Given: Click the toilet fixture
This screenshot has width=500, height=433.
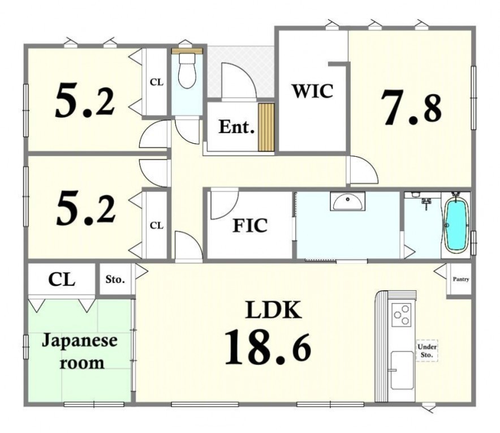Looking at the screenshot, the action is pyautogui.click(x=187, y=70).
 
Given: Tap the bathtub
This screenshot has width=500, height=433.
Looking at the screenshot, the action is pyautogui.click(x=456, y=225).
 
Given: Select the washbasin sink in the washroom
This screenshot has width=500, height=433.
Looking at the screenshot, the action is pyautogui.click(x=348, y=201).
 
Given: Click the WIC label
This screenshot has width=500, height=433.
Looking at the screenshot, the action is pyautogui.click(x=312, y=91).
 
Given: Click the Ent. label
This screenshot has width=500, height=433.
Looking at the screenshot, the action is pyautogui.click(x=236, y=127).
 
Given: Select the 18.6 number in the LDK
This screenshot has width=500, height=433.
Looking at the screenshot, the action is pyautogui.click(x=268, y=347).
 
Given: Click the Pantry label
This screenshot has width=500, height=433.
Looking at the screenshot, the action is pyautogui.click(x=461, y=279).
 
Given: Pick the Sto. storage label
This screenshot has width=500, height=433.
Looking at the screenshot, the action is pyautogui.click(x=115, y=280).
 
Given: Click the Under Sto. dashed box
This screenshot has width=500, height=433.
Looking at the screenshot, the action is pyautogui.click(x=427, y=351).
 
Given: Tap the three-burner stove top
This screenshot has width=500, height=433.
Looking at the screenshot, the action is pyautogui.click(x=402, y=314).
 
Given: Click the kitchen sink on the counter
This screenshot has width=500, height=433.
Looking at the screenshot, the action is pyautogui.click(x=402, y=370).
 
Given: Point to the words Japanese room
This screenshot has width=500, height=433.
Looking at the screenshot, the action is pyautogui.click(x=80, y=351).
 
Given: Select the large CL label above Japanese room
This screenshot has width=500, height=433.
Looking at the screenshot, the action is pyautogui.click(x=62, y=280).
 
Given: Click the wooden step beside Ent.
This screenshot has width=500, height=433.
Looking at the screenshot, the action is pyautogui.click(x=266, y=127).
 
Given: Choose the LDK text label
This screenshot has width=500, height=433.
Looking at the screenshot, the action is pyautogui.click(x=273, y=310).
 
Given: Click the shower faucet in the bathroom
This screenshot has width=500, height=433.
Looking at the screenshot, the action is pyautogui.click(x=426, y=203).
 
